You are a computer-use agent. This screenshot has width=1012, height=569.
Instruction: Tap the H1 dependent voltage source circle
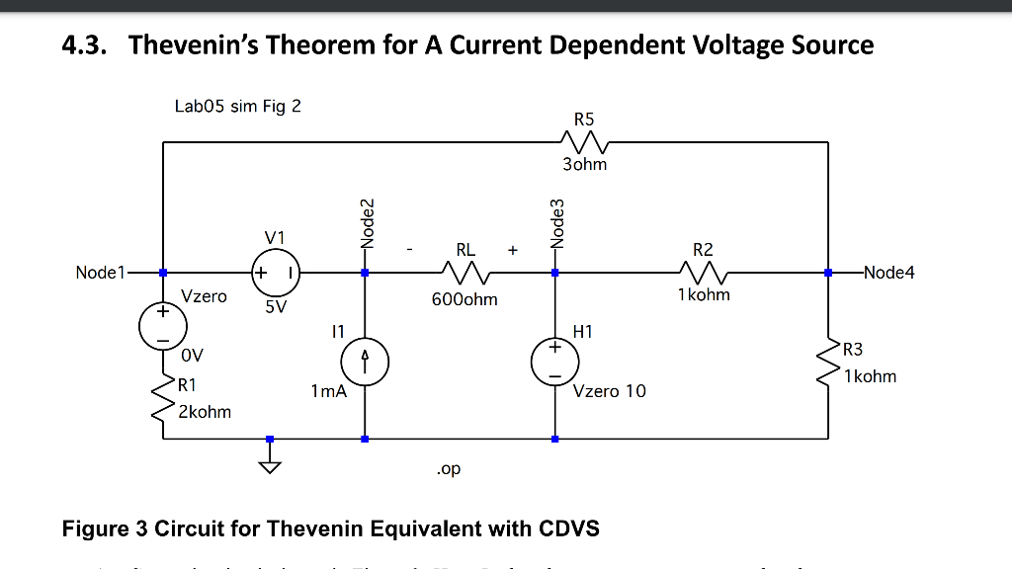(x=554, y=363)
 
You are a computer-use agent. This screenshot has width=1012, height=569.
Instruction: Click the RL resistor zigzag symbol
(x=461, y=272)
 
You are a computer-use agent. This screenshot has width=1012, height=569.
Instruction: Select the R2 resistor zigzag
(x=703, y=272)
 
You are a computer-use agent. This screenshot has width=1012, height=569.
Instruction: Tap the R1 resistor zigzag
(x=163, y=398)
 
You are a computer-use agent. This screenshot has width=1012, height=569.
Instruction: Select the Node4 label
(x=888, y=273)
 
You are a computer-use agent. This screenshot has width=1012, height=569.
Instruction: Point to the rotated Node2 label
(x=368, y=221)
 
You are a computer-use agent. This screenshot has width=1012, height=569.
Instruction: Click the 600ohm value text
(x=464, y=298)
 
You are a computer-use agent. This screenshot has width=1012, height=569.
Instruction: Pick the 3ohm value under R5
(x=584, y=164)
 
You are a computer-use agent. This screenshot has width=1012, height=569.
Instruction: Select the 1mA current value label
(x=328, y=391)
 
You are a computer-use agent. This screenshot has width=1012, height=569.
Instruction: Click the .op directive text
(x=448, y=468)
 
